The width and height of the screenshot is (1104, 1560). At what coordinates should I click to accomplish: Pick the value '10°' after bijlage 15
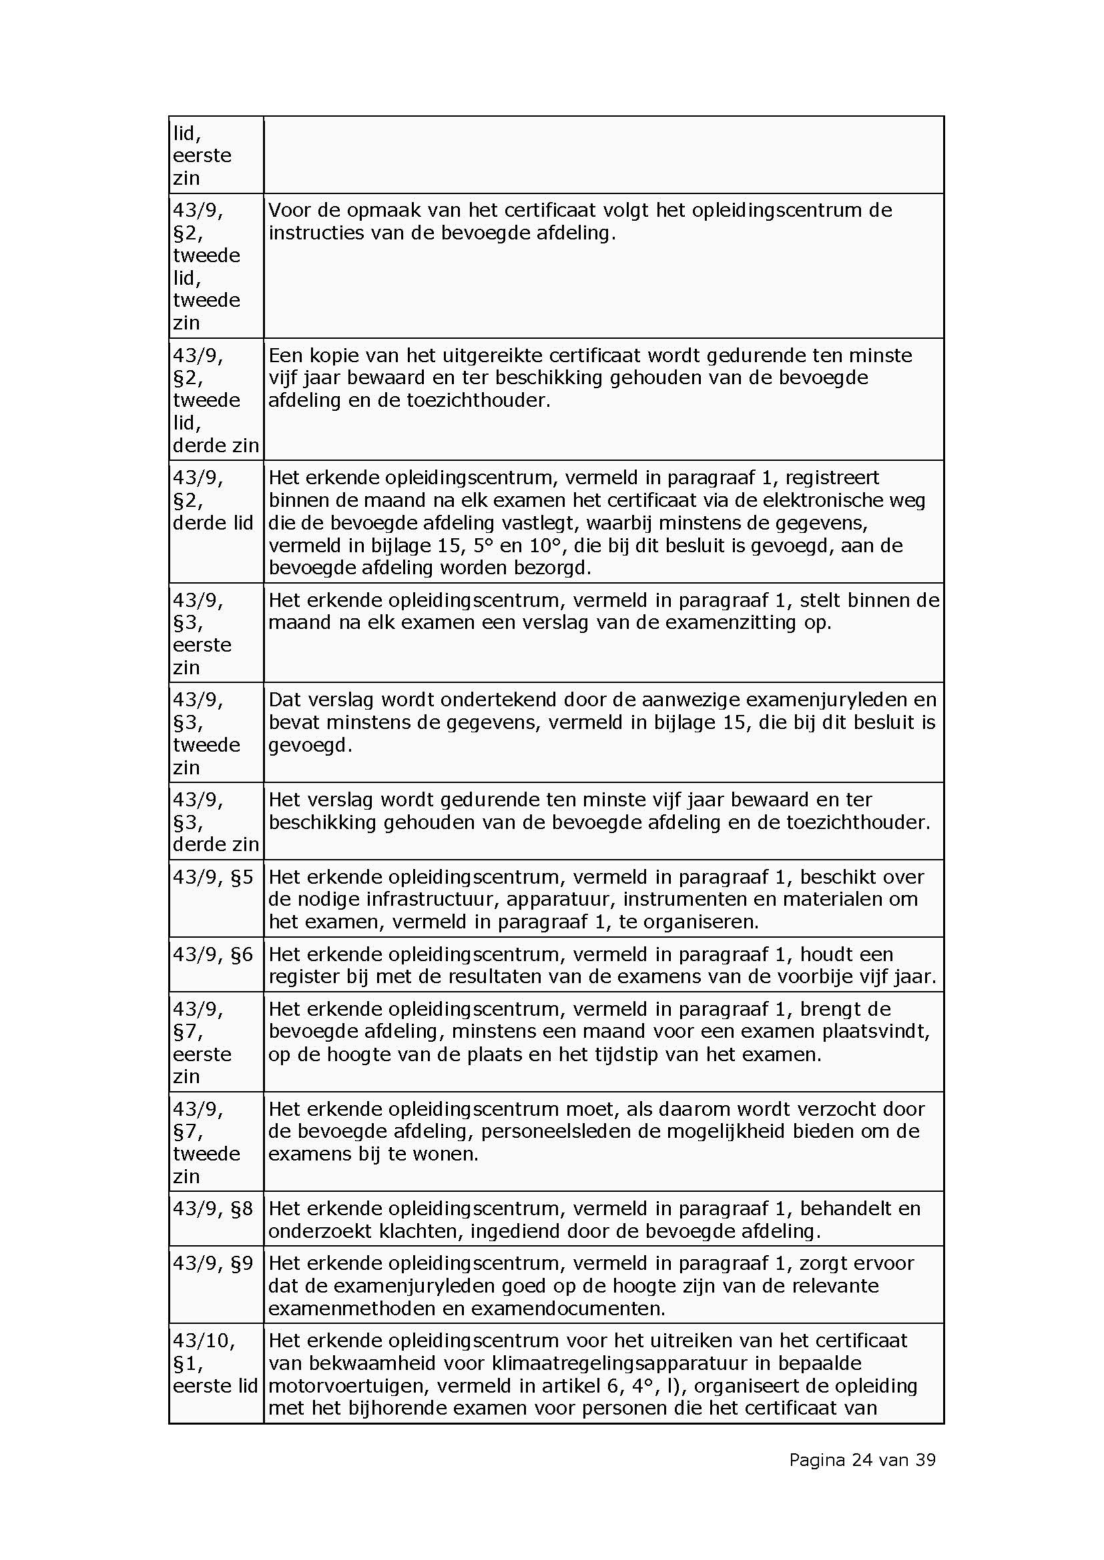(x=543, y=546)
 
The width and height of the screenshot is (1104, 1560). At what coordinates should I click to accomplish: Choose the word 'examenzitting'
(x=730, y=622)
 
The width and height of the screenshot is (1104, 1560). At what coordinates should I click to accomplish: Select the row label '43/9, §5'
(x=213, y=877)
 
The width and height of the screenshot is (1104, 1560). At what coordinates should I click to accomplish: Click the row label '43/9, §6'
(x=213, y=954)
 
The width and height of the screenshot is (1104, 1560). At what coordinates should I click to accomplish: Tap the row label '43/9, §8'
(x=213, y=1209)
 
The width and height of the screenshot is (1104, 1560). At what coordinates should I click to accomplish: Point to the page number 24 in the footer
(x=861, y=1460)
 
